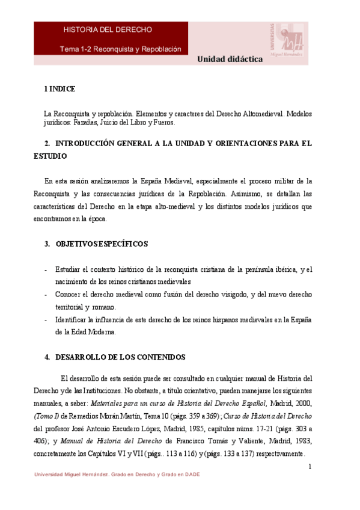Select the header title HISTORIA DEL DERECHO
(x=108, y=29)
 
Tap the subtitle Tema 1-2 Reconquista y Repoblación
(x=120, y=49)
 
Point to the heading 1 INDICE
(x=59, y=89)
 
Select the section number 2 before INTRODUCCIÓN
(x=47, y=144)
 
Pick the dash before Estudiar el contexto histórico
(x=46, y=269)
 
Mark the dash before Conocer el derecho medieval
(x=46, y=295)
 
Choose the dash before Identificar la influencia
(x=46, y=320)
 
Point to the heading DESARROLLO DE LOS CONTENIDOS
(x=120, y=357)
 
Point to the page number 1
(x=309, y=467)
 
